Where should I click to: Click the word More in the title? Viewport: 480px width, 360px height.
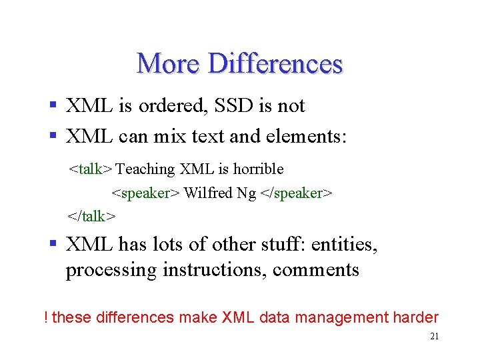click(168, 64)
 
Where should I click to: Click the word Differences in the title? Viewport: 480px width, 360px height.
click(275, 64)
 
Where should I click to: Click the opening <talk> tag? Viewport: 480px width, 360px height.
click(91, 169)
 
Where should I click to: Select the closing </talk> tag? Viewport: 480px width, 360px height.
click(91, 216)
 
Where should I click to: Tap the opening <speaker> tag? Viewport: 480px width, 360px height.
click(145, 193)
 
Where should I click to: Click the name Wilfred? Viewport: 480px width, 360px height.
click(204, 193)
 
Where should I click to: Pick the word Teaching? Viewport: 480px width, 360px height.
click(145, 169)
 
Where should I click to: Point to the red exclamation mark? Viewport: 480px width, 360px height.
click(45, 317)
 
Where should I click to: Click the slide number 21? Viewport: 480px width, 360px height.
click(434, 337)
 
